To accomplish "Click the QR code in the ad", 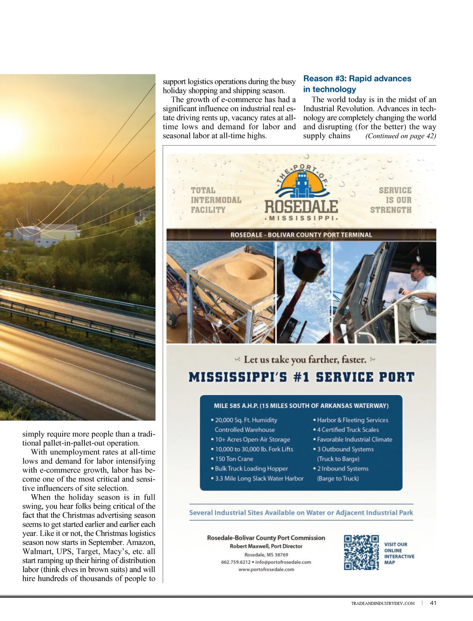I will (x=361, y=552).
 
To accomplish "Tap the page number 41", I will (x=433, y=603).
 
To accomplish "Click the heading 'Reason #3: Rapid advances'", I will (x=357, y=78).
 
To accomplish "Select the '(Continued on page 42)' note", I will (x=400, y=136).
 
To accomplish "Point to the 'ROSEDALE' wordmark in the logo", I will (x=301, y=206).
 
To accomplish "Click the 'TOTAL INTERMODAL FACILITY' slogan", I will (x=216, y=200).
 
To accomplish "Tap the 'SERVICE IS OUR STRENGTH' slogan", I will (x=391, y=200).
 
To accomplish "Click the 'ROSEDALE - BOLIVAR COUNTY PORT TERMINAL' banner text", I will (x=301, y=235).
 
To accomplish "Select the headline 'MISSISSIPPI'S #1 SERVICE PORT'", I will (x=302, y=377).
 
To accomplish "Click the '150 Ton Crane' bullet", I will (x=234, y=459).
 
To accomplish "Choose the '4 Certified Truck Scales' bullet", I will (x=348, y=429).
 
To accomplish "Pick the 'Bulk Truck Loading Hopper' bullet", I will (x=251, y=469).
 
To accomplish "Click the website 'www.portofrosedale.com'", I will (x=266, y=569).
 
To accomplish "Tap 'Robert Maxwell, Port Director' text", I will (x=266, y=546).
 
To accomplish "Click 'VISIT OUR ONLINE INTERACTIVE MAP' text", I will (x=399, y=553).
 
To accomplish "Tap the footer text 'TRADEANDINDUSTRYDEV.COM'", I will (x=383, y=603).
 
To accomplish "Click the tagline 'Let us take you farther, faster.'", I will (x=305, y=359).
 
